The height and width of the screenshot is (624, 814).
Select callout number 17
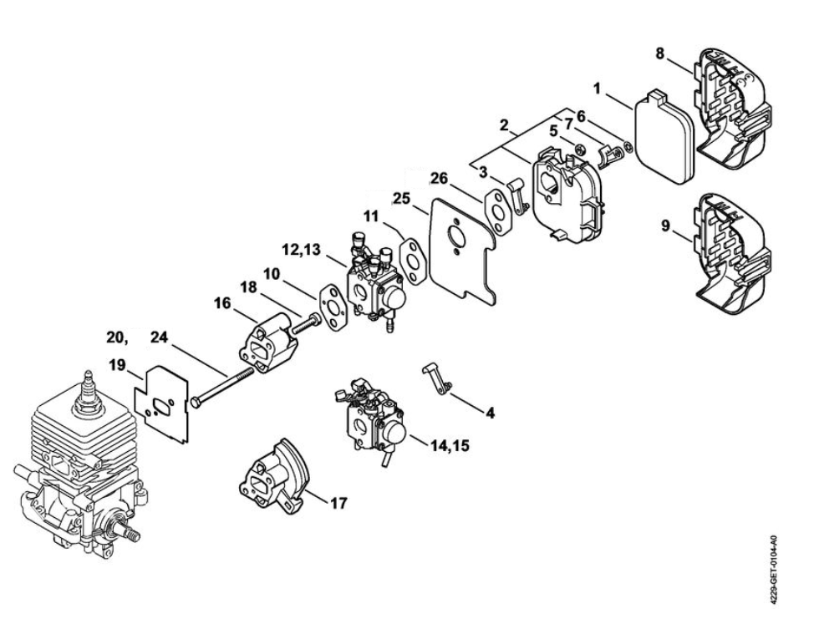(338, 503)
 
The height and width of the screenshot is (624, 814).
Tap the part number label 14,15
(450, 446)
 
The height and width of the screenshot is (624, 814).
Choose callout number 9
(664, 226)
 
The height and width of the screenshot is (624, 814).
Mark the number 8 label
(659, 53)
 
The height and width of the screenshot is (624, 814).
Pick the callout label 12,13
(301, 250)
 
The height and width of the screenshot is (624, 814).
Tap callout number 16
(221, 303)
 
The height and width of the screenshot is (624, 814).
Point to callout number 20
(117, 337)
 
